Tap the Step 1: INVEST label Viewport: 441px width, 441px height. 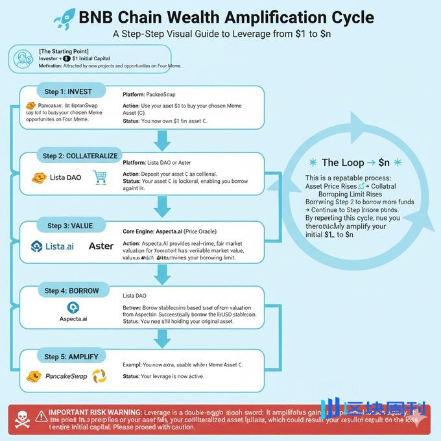(68, 92)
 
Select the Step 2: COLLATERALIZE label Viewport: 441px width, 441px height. (80, 156)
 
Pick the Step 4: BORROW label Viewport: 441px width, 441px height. (71, 291)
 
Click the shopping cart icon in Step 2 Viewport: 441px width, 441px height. (100, 176)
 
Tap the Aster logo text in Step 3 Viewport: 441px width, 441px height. (101, 246)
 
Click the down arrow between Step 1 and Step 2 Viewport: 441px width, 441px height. (159, 138)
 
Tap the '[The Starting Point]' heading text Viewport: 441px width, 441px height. (64, 51)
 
